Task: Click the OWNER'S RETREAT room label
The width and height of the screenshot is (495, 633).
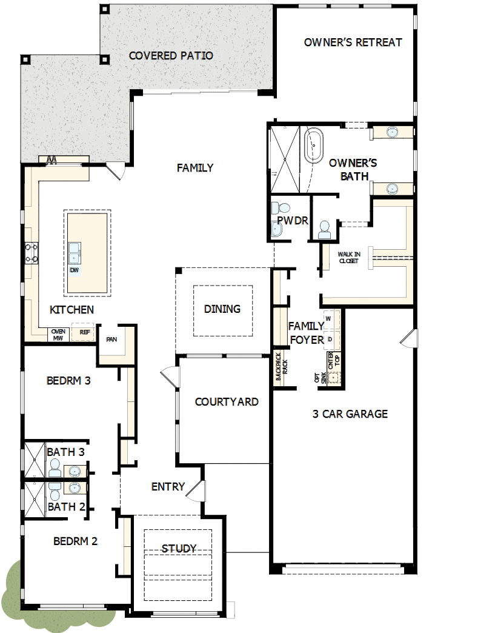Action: tap(353, 42)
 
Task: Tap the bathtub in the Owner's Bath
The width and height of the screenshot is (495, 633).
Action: tap(314, 145)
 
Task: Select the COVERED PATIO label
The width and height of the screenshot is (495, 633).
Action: tap(171, 56)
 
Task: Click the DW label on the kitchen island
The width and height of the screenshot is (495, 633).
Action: tap(74, 270)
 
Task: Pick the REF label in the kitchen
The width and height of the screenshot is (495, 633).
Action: tap(84, 332)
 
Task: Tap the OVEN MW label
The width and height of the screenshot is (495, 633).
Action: tap(58, 335)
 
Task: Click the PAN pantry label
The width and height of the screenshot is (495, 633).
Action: tap(111, 340)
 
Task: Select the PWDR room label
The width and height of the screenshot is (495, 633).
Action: tap(293, 221)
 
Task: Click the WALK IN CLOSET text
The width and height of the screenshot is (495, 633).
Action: tap(348, 258)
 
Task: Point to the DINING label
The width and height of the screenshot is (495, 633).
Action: tap(222, 309)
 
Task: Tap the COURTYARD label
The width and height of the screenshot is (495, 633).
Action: tap(227, 401)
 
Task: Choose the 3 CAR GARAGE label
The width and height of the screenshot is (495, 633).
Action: tap(350, 414)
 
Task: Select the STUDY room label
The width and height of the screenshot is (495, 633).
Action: tap(179, 549)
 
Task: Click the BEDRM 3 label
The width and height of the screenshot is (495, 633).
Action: tap(68, 381)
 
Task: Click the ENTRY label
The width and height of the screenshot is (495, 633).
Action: tap(168, 487)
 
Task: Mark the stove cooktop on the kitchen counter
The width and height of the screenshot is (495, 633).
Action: tap(30, 253)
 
